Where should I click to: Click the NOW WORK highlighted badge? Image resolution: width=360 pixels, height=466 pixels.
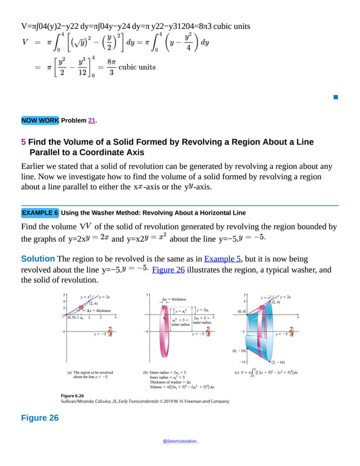point(39,120)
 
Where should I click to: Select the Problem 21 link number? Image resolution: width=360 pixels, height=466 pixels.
point(92,120)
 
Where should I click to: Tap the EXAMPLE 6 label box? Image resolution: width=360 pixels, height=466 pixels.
point(39,213)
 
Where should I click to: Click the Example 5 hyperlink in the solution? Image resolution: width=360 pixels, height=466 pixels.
point(222,259)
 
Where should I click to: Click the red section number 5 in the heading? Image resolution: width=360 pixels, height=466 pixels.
point(23,142)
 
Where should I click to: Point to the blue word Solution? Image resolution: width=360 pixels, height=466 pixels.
point(38,259)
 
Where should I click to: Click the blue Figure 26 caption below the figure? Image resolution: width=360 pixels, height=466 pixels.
point(39,418)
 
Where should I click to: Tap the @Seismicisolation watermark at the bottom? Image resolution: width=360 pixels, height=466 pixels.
point(179,442)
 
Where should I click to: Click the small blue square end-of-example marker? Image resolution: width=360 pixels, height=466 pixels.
point(335,98)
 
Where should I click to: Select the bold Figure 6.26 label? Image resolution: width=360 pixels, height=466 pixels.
point(72,395)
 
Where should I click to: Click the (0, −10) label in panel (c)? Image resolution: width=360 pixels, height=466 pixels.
point(238,351)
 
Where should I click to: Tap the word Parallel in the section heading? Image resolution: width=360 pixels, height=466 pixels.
point(47,153)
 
